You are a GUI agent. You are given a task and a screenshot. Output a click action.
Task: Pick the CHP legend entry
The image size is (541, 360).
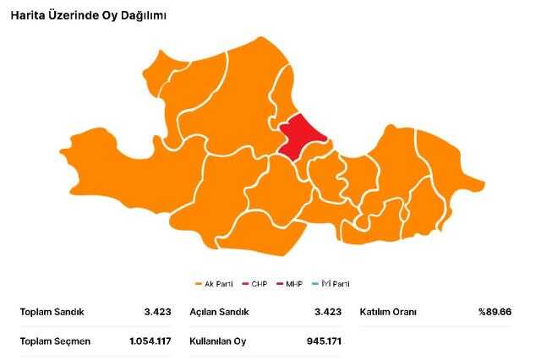point(254,284)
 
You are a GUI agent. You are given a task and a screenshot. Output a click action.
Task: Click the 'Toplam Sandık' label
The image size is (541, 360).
point(52,312)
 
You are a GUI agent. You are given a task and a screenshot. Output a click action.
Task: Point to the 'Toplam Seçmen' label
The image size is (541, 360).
point(55,341)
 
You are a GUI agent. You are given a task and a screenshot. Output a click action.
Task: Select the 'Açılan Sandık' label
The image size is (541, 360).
point(220,312)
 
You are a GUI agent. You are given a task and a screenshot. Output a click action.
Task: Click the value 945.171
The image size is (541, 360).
point(324,341)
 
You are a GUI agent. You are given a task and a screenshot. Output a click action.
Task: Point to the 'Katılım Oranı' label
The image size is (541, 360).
point(388,312)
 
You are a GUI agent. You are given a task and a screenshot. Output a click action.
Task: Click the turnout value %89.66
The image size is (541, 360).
point(495,312)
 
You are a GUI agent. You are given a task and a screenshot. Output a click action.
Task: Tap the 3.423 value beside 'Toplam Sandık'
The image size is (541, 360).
point(157,312)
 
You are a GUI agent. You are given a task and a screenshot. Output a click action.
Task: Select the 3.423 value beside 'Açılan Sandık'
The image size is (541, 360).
point(328,312)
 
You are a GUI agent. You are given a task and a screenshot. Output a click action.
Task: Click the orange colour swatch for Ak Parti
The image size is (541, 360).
point(198,284)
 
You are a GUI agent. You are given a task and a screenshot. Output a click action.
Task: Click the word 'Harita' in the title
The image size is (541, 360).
point(29,15)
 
